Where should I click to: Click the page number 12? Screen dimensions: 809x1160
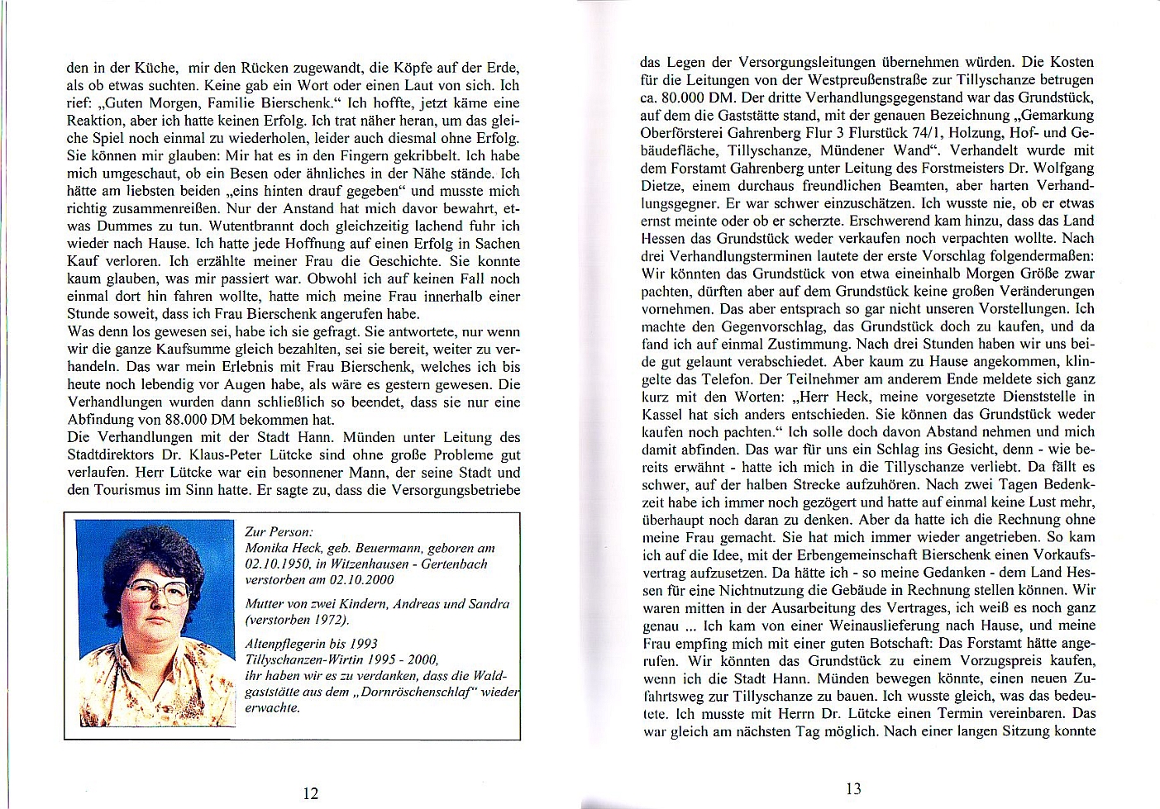pyautogui.click(x=310, y=793)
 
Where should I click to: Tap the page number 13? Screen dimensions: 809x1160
pyautogui.click(x=853, y=788)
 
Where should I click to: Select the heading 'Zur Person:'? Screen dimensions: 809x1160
pyautogui.click(x=279, y=532)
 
